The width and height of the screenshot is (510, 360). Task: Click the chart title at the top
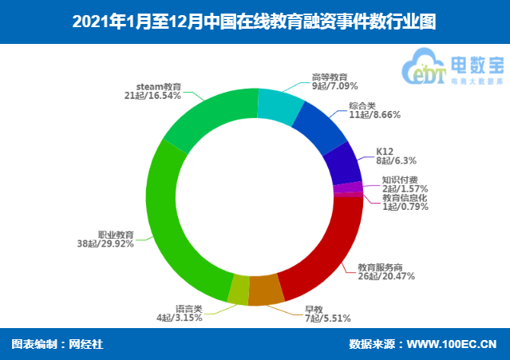(255, 22)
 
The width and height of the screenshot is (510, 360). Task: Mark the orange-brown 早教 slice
(266, 289)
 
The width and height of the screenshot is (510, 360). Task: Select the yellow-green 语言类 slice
(238, 291)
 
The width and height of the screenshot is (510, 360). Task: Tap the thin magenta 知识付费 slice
(348, 188)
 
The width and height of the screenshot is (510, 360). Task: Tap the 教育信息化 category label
(405, 196)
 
